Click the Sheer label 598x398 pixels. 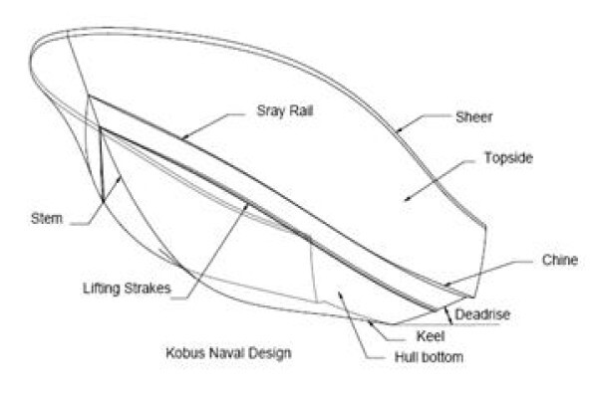(473, 117)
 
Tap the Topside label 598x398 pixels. (508, 157)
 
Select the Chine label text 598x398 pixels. (560, 260)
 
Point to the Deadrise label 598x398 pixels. (482, 314)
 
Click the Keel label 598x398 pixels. (431, 336)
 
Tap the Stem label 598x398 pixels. (47, 219)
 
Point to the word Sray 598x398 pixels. (269, 111)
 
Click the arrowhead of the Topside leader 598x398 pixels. (406, 199)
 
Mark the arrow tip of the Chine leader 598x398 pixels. (445, 286)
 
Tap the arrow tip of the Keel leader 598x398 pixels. (368, 321)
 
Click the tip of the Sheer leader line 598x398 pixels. (396, 132)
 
